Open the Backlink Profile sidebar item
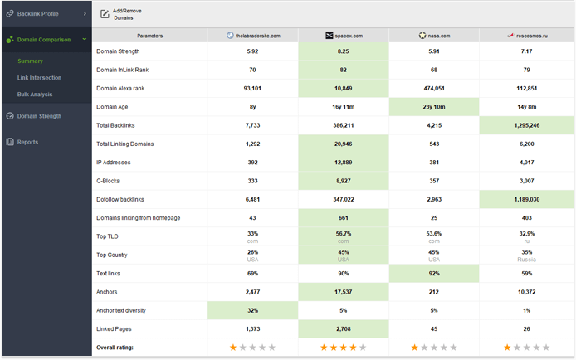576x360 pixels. click(x=39, y=13)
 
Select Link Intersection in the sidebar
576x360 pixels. click(x=38, y=78)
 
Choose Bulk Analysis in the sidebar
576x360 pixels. click(x=34, y=95)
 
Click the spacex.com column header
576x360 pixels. click(x=344, y=36)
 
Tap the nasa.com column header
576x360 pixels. click(x=435, y=36)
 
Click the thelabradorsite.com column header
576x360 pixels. click(x=252, y=36)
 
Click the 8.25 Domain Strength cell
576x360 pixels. click(x=343, y=51)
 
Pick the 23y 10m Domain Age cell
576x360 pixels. click(x=434, y=107)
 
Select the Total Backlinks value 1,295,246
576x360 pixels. click(x=526, y=125)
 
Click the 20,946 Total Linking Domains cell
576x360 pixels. click(x=343, y=144)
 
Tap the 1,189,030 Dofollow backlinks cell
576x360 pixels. click(x=526, y=200)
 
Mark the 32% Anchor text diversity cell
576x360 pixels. click(x=252, y=310)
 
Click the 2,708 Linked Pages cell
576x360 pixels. click(x=343, y=329)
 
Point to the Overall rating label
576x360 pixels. click(x=115, y=348)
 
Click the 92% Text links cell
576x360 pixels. click(x=434, y=274)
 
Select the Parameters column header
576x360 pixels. click(x=149, y=36)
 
